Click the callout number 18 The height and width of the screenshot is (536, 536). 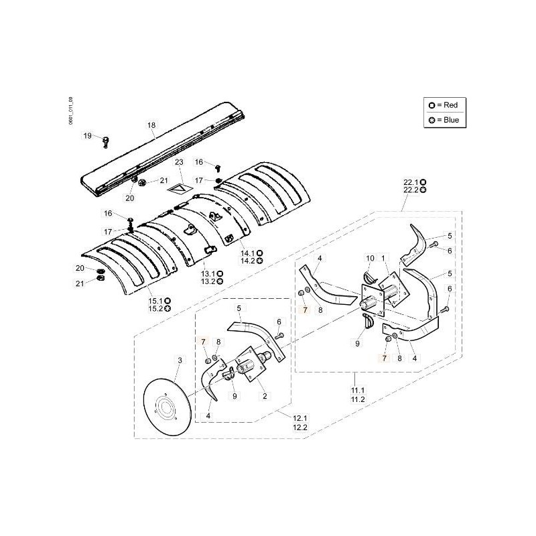click(x=151, y=125)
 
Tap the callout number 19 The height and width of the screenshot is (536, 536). click(x=87, y=136)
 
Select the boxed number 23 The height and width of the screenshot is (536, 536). click(x=178, y=163)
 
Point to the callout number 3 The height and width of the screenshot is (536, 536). click(x=179, y=360)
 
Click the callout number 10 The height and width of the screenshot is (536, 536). click(x=370, y=258)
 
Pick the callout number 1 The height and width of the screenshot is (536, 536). click(x=383, y=258)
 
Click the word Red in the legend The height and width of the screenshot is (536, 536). click(x=450, y=105)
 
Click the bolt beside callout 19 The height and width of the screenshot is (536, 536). click(x=105, y=140)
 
